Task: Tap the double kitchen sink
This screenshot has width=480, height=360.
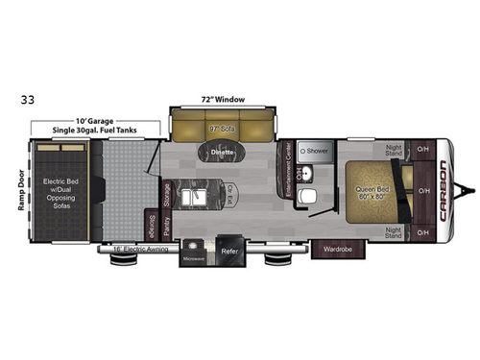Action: point(197,198)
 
